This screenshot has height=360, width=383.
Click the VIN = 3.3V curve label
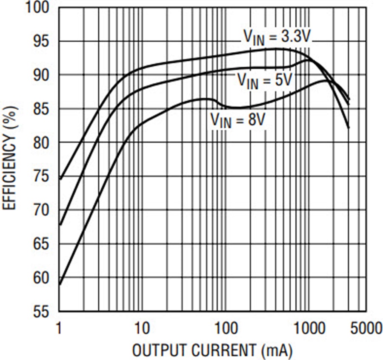click(277, 38)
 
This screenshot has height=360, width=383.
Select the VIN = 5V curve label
click(265, 81)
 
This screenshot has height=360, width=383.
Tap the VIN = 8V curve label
click(238, 120)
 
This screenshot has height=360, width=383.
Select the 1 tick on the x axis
click(59, 328)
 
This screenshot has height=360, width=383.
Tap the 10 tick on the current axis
click(142, 328)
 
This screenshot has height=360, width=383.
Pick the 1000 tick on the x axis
click(309, 328)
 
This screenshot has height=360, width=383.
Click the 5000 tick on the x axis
click(366, 328)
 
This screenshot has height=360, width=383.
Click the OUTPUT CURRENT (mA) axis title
click(212, 351)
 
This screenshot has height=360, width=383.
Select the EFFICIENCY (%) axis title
click(10, 158)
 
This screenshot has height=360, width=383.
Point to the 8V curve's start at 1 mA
click(59, 284)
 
